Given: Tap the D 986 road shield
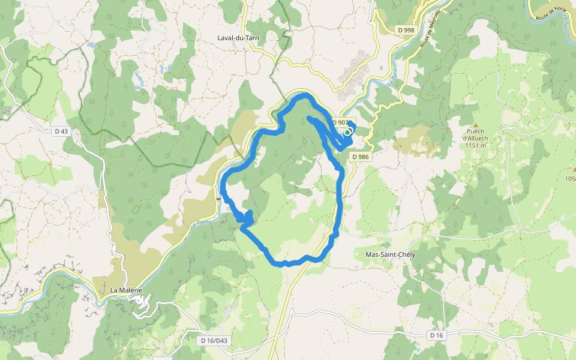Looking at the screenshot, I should [x=361, y=157].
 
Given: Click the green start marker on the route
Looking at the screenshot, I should [x=347, y=133].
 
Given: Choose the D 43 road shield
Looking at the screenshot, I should [x=61, y=131].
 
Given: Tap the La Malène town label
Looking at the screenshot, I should [x=126, y=290].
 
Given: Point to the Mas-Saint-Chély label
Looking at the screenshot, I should [x=390, y=254].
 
